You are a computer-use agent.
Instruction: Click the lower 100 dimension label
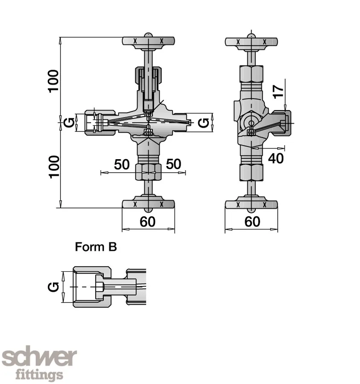tap(53, 167)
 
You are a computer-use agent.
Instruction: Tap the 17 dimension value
tap(278, 91)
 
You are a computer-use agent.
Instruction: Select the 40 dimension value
tap(276, 158)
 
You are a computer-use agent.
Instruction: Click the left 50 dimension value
tap(122, 164)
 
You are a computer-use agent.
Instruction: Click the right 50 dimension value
tap(173, 164)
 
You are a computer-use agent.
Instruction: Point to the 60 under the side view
tap(252, 221)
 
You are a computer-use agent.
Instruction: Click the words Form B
tap(96, 247)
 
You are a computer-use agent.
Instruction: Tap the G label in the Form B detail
tap(53, 287)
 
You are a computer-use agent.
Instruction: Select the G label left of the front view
tap(67, 123)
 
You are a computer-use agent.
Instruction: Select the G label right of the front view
tap(205, 123)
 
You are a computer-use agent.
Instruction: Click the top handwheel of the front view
tap(148, 41)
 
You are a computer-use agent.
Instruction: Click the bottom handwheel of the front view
tap(148, 204)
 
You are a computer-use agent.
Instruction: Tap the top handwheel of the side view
tap(252, 41)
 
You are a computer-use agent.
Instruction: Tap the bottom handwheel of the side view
tap(252, 204)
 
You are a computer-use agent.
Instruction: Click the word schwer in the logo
tap(39, 358)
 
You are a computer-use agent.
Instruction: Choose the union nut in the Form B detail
tap(92, 287)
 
